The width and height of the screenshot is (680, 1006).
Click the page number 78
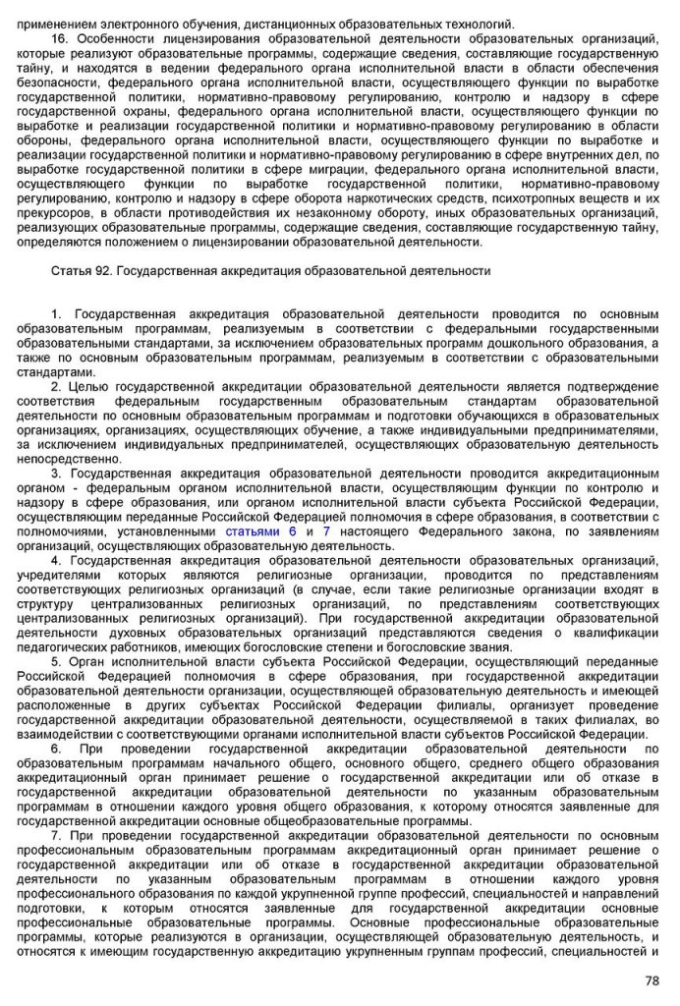(652, 979)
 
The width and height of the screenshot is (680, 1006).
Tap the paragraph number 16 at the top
(58, 36)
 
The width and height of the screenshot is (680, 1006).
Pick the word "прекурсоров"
(49, 212)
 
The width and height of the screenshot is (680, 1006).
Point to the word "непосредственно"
(65, 458)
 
